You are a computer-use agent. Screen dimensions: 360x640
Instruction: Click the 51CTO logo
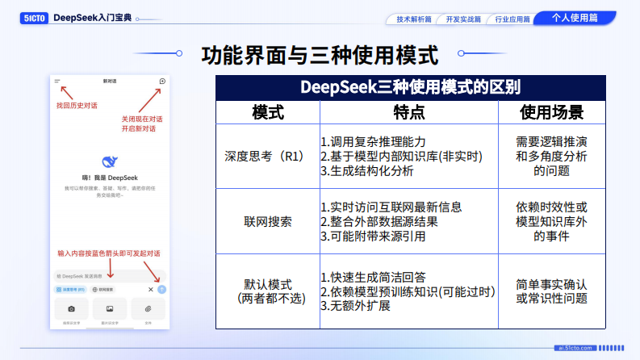pyautogui.click(x=33, y=18)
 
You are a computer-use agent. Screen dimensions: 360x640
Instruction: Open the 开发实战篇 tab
pyautogui.click(x=462, y=19)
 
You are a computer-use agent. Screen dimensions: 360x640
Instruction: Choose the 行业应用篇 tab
pyautogui.click(x=512, y=19)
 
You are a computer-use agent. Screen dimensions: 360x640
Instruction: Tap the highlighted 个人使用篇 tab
pyautogui.click(x=575, y=18)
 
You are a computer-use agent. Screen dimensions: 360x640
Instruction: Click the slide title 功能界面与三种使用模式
pyautogui.click(x=320, y=56)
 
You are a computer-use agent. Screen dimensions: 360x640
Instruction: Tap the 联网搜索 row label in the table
pyautogui.click(x=268, y=220)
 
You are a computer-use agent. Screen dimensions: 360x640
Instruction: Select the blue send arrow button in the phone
pyautogui.click(x=161, y=289)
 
